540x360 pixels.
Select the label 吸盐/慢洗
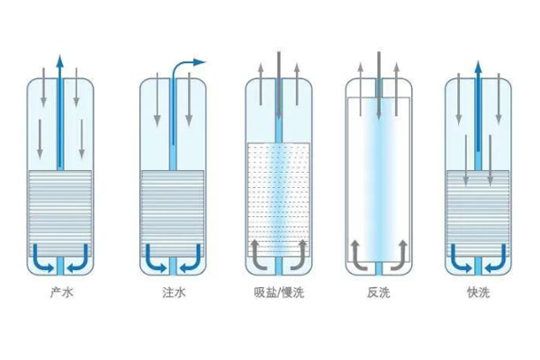279,293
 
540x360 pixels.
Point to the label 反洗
378,293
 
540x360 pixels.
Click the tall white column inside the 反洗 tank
378,175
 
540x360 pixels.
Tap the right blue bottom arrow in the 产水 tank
78,254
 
